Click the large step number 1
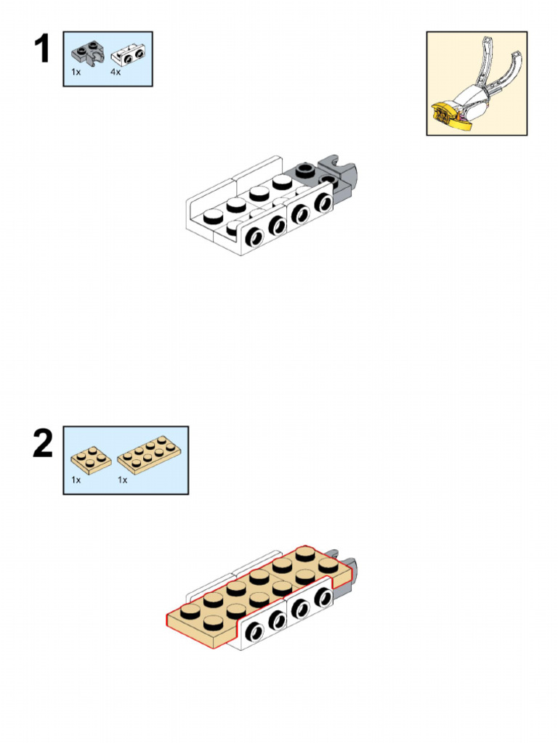[42, 49]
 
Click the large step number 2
[43, 443]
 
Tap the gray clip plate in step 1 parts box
[88, 53]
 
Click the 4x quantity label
[116, 72]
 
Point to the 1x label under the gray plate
[76, 72]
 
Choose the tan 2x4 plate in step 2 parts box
[150, 455]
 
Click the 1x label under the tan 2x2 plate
[76, 480]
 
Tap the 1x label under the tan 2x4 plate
[122, 480]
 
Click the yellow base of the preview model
[450, 117]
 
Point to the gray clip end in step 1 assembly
[343, 171]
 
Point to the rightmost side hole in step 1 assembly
[324, 203]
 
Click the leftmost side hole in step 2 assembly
[255, 632]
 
